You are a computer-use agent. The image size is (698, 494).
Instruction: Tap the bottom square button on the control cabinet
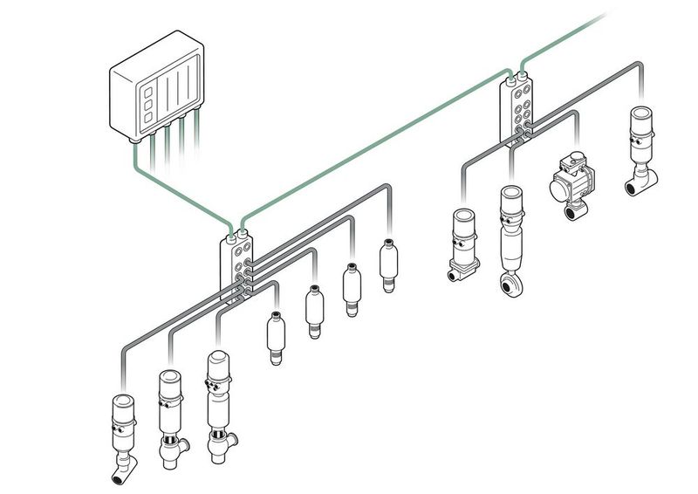coord(149,117)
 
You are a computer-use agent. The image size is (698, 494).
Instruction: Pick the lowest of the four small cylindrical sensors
coord(275,337)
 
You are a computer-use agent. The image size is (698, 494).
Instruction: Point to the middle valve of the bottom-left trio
coord(170,415)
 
